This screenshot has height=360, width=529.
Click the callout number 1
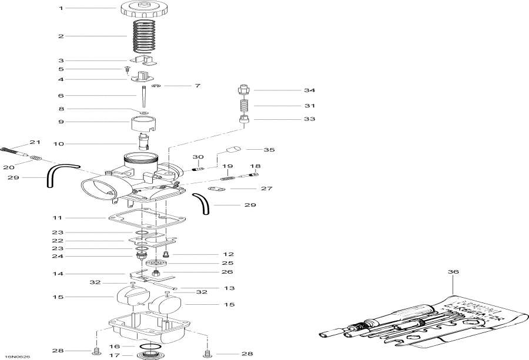[x=60, y=8]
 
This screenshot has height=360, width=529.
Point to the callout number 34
[x=310, y=90]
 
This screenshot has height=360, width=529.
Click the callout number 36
[x=452, y=272]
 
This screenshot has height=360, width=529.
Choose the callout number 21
[x=35, y=143]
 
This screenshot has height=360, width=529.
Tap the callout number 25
[x=227, y=263]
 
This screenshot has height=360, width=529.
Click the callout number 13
[x=213, y=288]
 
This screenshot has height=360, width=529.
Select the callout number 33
[x=310, y=119]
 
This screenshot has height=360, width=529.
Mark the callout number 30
[x=198, y=157]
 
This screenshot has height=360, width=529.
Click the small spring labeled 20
[x=36, y=157]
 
